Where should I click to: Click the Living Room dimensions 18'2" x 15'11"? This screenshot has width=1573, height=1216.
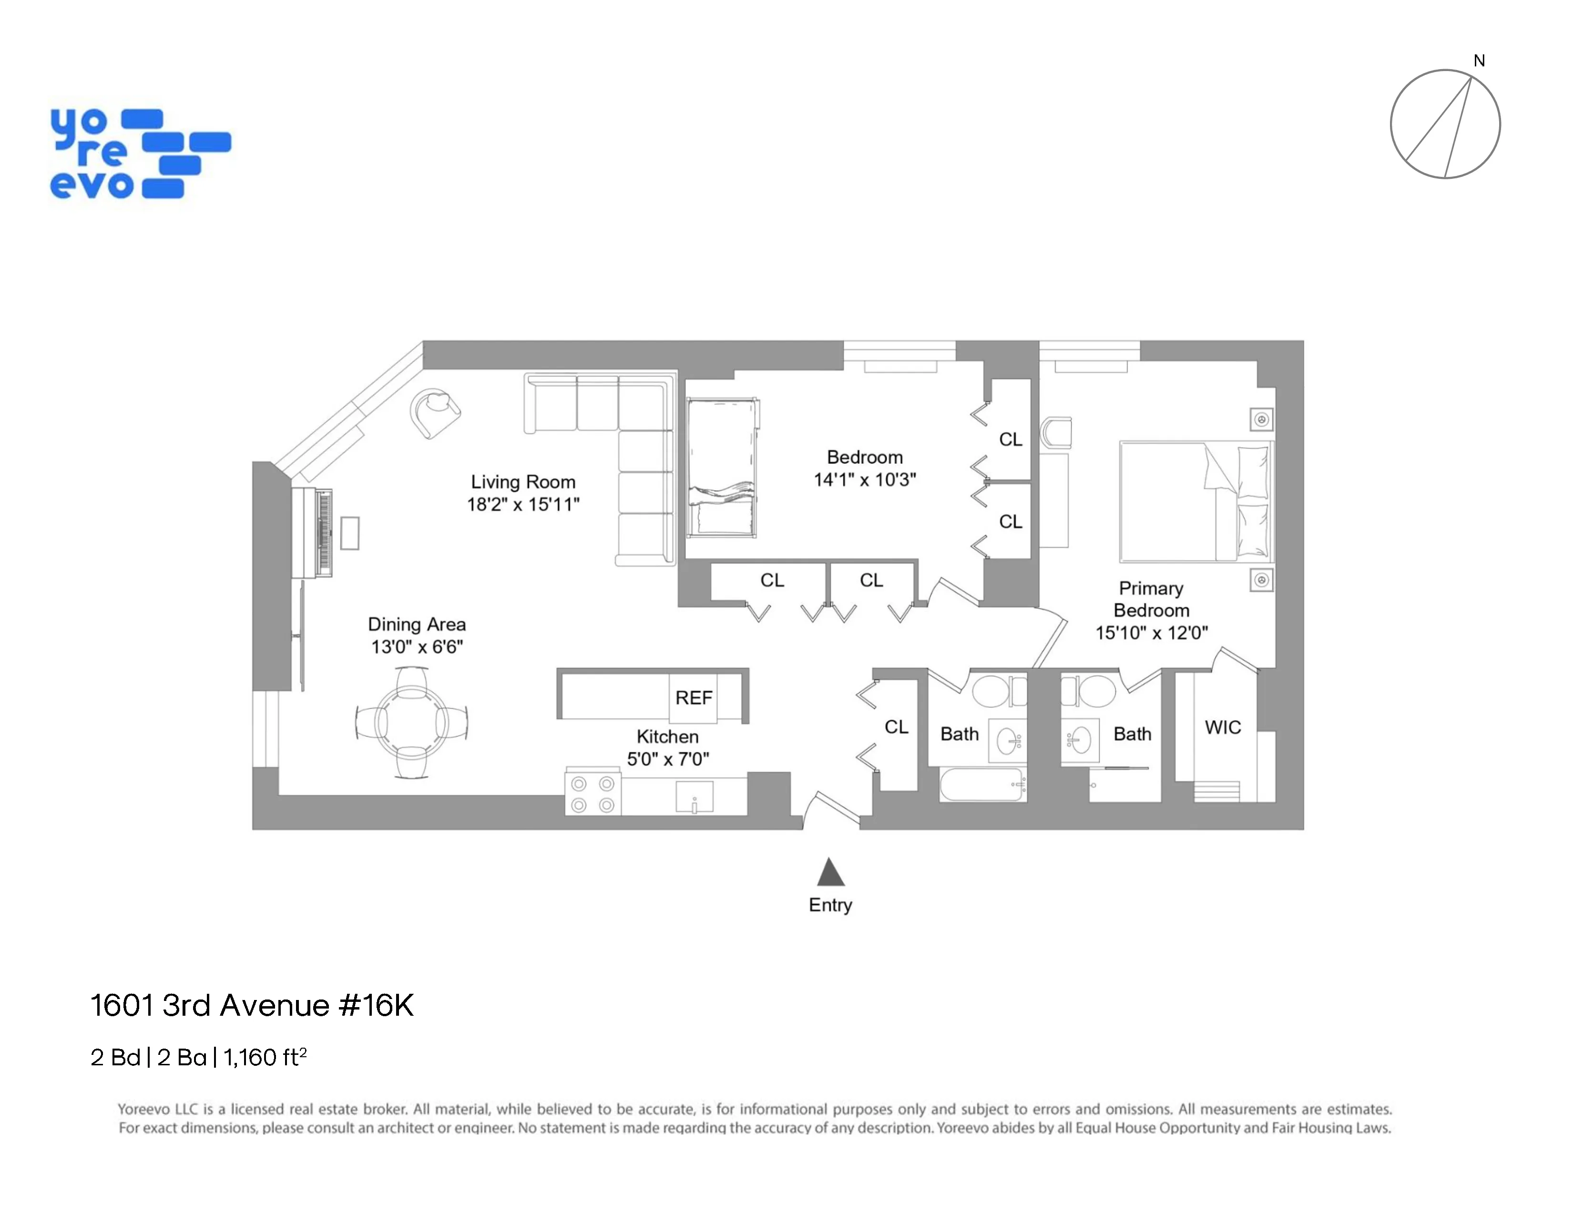click(x=523, y=504)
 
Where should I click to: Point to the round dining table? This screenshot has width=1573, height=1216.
click(x=411, y=722)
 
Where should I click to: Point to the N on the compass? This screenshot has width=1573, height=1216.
click(x=1479, y=61)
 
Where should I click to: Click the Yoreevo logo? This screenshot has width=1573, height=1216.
click(x=140, y=154)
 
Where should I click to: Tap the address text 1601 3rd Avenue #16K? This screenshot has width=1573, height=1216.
click(x=252, y=1005)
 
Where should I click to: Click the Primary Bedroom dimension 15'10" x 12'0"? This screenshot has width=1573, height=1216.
click(x=1151, y=632)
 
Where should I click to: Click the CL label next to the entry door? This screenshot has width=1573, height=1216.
click(x=896, y=727)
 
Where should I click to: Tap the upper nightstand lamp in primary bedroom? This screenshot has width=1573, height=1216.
click(x=1261, y=419)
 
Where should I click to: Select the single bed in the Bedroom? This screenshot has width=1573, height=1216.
click(x=722, y=468)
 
